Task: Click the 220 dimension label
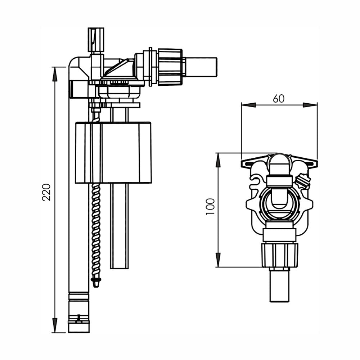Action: [x=46, y=192]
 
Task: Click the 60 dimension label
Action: [x=279, y=99]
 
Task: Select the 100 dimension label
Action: [x=210, y=206]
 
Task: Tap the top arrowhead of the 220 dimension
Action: [x=55, y=74]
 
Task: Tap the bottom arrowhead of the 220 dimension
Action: [x=55, y=325]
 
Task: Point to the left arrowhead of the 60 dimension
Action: [x=248, y=105]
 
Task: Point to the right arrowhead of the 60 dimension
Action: [x=310, y=105]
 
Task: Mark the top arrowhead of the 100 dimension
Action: [x=218, y=160]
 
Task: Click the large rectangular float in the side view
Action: [x=113, y=152]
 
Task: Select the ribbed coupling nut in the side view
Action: [x=170, y=67]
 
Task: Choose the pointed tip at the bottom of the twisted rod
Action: [x=96, y=283]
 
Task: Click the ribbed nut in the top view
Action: [x=280, y=255]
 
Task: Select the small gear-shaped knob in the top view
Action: [x=303, y=181]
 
